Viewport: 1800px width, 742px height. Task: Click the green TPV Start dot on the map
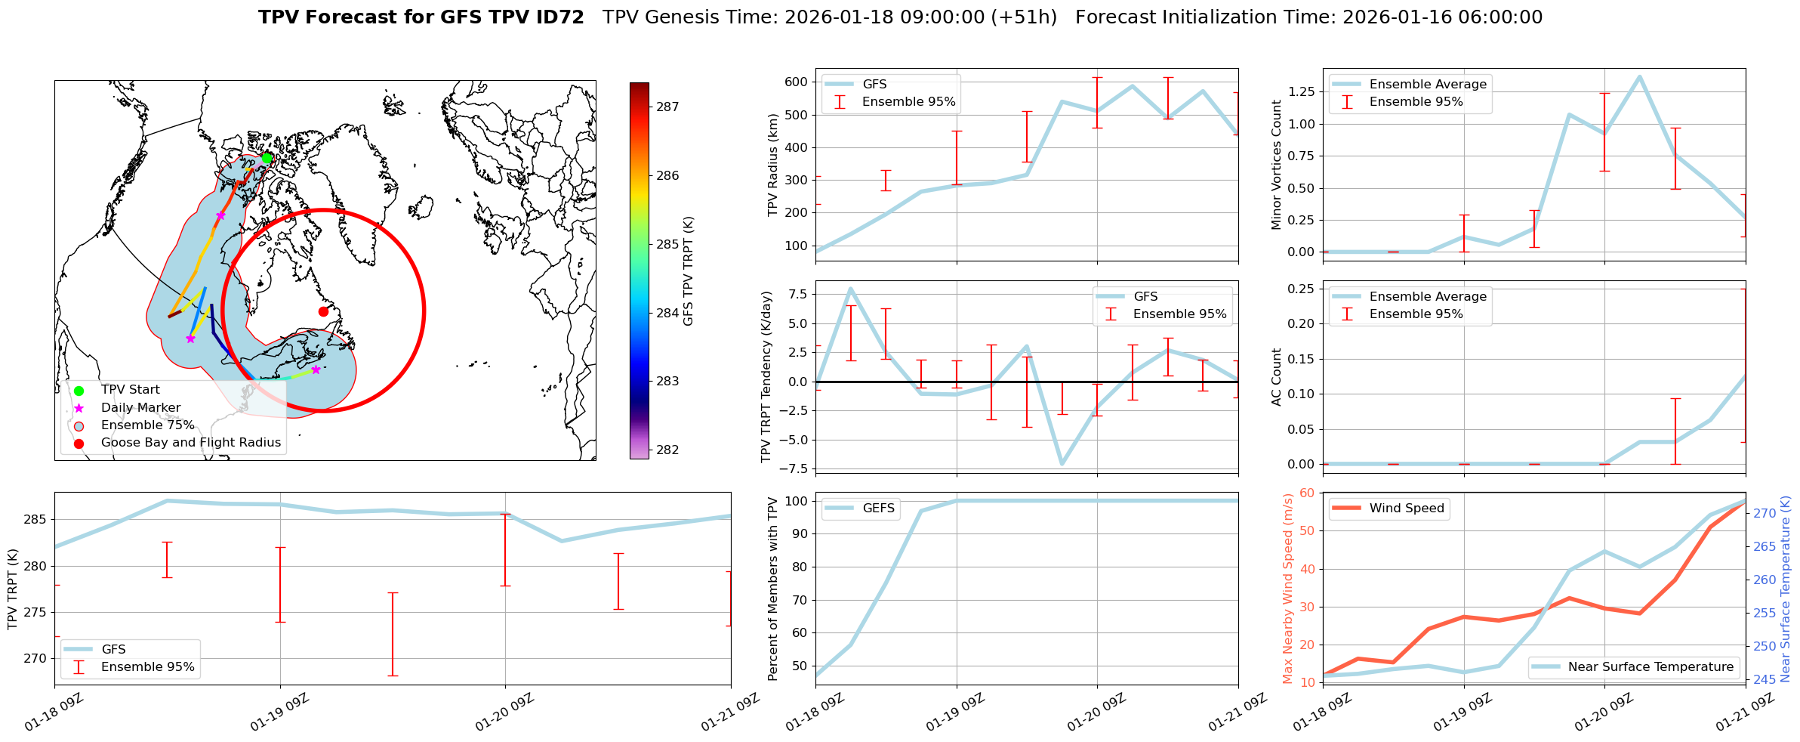click(267, 158)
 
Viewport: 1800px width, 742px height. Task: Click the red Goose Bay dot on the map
click(323, 311)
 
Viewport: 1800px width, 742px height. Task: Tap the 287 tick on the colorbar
click(667, 107)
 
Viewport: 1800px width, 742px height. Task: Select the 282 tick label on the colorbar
click(667, 450)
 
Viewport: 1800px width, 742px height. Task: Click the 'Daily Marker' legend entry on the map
click(140, 408)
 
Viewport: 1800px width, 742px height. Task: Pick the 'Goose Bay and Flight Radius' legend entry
click(190, 443)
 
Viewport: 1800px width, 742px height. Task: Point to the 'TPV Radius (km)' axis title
click(772, 165)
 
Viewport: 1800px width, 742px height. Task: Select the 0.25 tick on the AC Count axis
click(1299, 289)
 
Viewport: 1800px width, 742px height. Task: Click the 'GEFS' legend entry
click(878, 509)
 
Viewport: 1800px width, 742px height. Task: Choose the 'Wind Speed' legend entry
click(1406, 509)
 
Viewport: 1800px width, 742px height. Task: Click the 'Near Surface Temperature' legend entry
click(1651, 667)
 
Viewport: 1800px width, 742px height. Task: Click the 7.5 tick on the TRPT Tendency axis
click(797, 295)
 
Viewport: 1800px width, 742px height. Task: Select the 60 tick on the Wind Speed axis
click(1305, 493)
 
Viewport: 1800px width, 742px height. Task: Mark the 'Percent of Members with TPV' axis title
click(772, 589)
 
